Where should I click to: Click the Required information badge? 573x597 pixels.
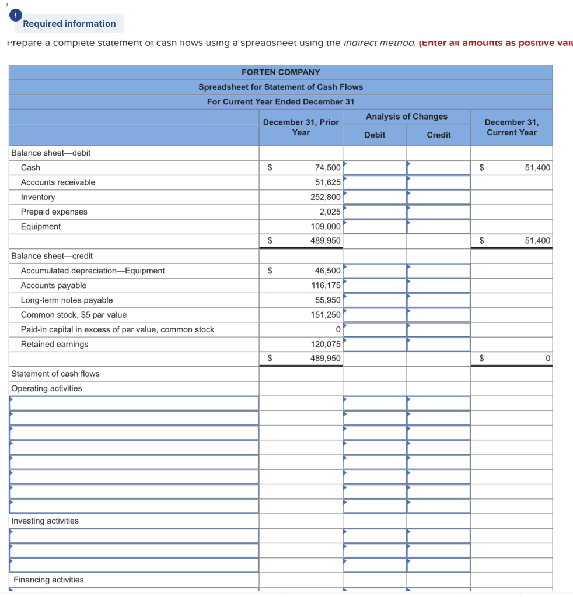[69, 24]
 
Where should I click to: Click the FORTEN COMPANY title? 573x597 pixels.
[281, 72]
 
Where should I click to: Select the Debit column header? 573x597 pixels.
[375, 135]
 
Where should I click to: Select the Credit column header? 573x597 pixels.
[438, 135]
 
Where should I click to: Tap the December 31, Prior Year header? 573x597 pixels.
[301, 127]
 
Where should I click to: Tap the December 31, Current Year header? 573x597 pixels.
[511, 127]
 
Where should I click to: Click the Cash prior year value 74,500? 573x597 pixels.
[327, 167]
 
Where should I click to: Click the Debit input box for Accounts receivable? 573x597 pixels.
[375, 182]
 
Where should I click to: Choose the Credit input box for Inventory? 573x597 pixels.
[438, 197]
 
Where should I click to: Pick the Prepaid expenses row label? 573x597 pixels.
[54, 212]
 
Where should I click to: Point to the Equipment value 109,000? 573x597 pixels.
[326, 226]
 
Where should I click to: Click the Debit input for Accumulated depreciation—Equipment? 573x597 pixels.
[375, 271]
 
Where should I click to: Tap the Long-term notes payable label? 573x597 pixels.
[67, 300]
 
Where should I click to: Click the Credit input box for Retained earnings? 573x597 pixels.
[438, 344]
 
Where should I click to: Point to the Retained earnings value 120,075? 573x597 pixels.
[326, 344]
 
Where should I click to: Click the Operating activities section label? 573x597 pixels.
[47, 388]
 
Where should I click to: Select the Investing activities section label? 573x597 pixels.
[45, 521]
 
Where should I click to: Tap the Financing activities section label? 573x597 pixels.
[48, 580]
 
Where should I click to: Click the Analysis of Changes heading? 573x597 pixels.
[406, 117]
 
